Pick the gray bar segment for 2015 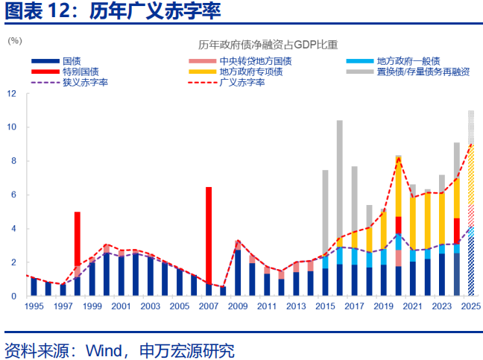click(x=325, y=212)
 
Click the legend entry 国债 click(x=72, y=61)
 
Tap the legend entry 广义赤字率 click(x=242, y=82)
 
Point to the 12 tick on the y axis click(x=12, y=94)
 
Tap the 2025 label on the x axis click(x=470, y=306)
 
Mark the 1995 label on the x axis click(x=34, y=306)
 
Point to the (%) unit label click(x=15, y=40)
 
